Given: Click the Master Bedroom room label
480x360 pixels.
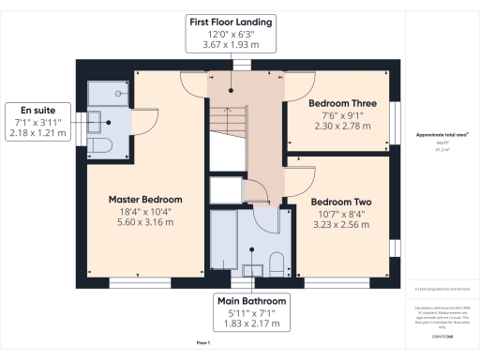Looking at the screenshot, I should pyautogui.click(x=145, y=200).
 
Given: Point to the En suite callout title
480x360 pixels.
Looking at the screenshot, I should pyautogui.click(x=37, y=109).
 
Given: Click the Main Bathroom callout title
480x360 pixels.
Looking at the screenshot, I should pyautogui.click(x=252, y=300).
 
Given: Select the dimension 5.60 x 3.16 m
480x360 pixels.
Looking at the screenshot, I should pyautogui.click(x=145, y=224).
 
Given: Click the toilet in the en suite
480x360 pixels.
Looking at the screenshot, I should pyautogui.click(x=102, y=145).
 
